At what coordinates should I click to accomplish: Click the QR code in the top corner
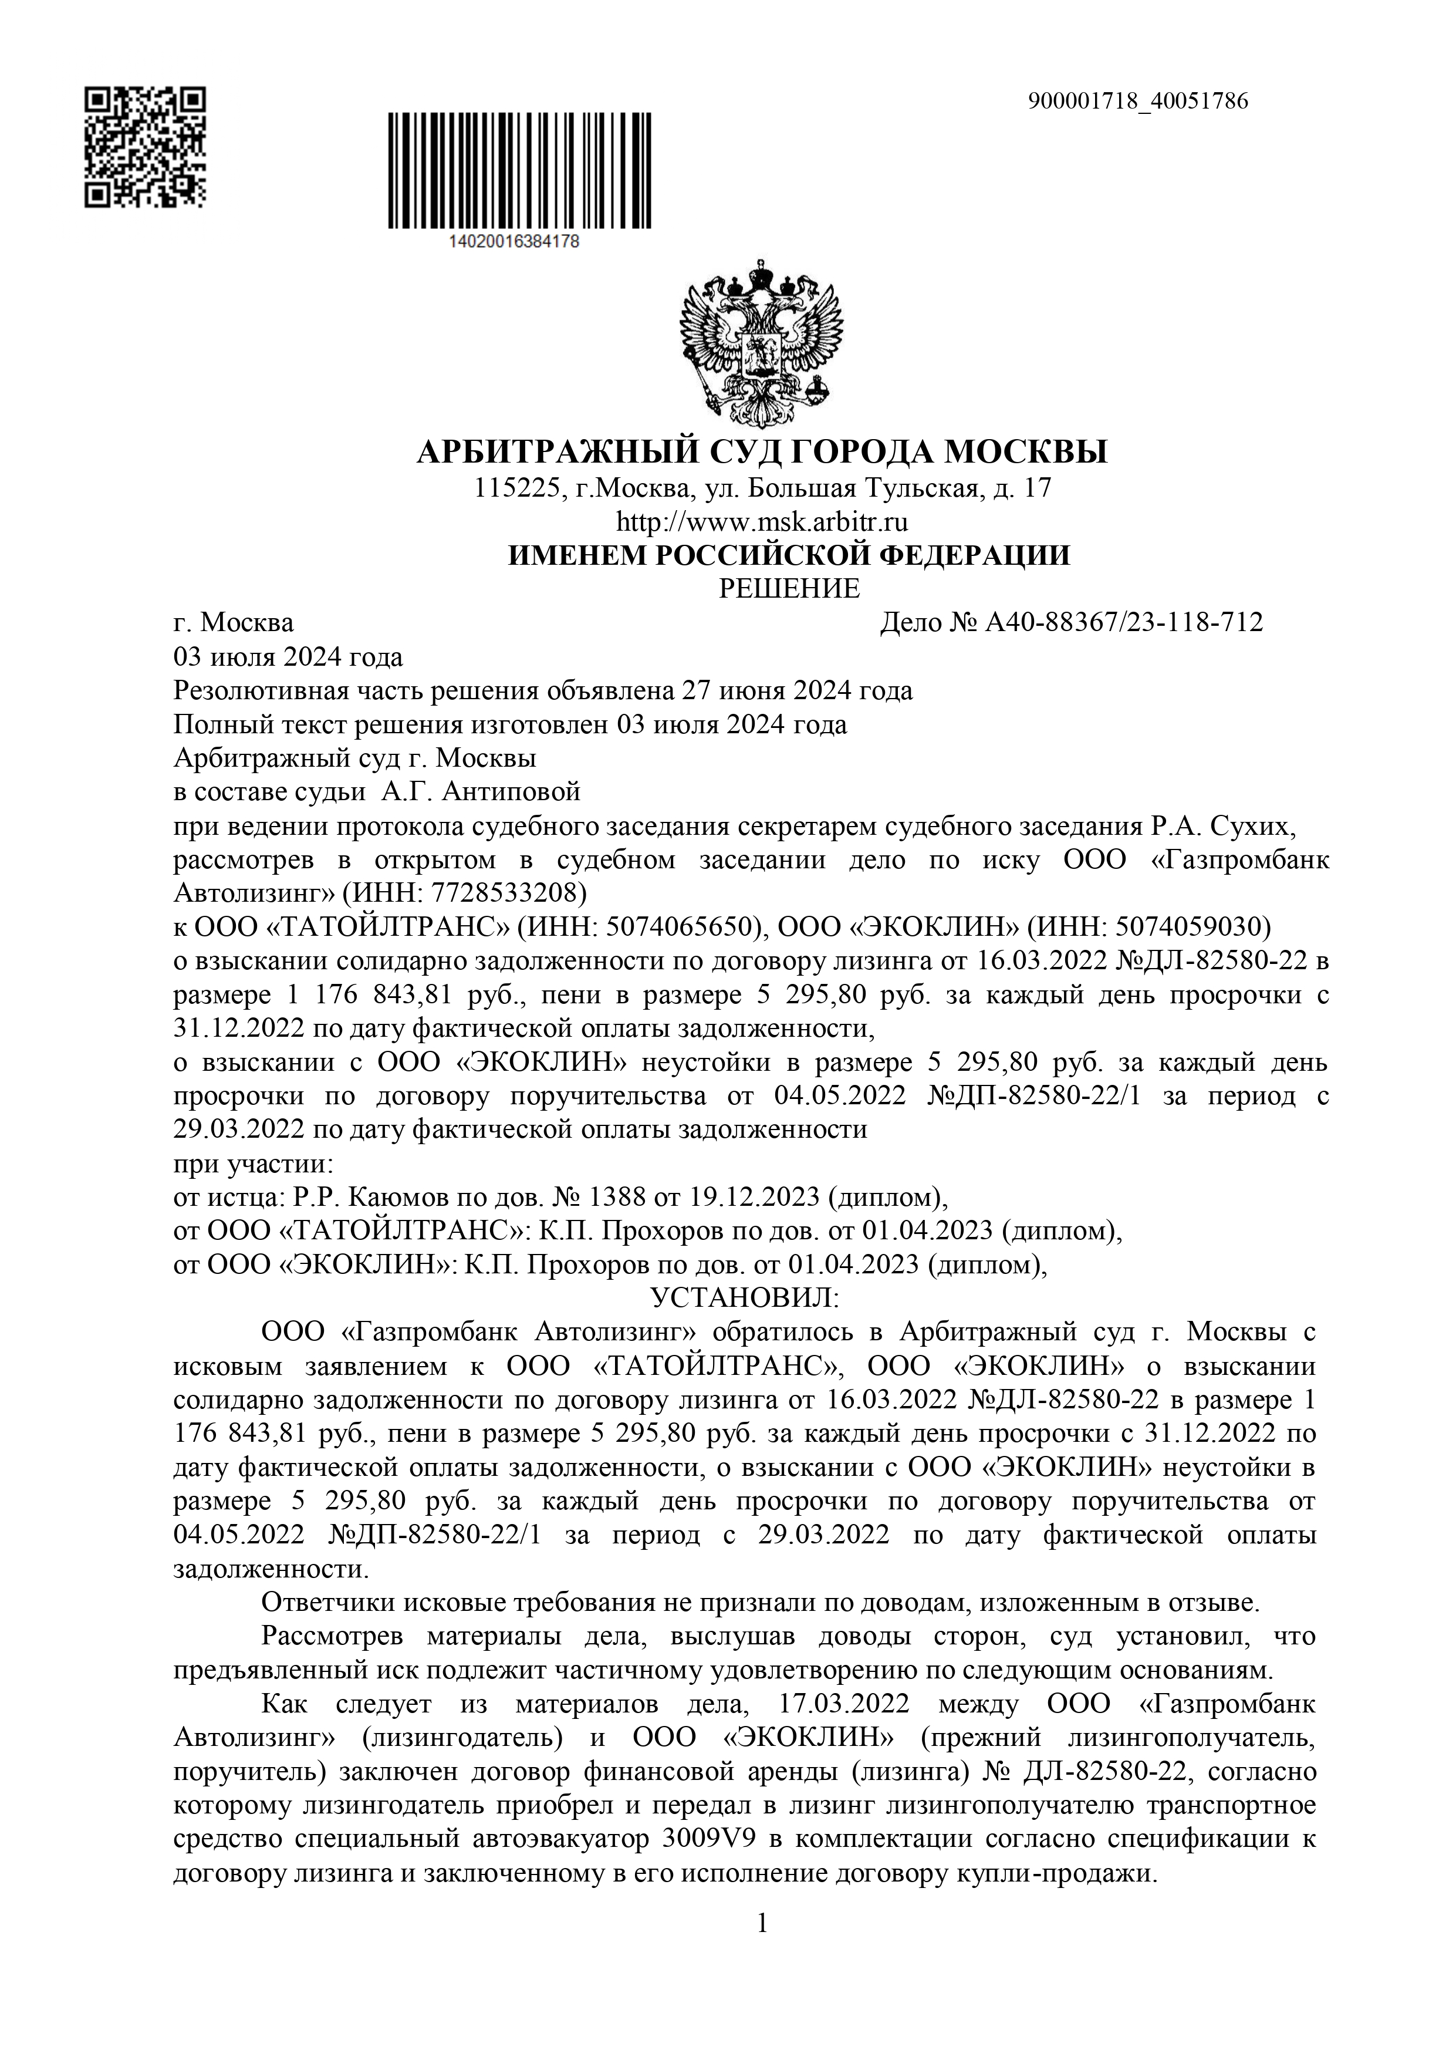tap(146, 147)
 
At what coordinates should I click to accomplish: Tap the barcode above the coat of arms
tap(519, 170)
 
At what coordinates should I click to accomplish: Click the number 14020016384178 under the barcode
tap(512, 241)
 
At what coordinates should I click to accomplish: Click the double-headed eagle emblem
tap(762, 343)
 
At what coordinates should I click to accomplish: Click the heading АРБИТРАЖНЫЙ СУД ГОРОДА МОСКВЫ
tap(762, 451)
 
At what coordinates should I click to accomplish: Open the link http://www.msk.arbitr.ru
tap(762, 521)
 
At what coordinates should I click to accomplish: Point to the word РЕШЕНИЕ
tap(789, 589)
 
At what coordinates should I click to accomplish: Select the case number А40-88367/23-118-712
tap(1124, 623)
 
